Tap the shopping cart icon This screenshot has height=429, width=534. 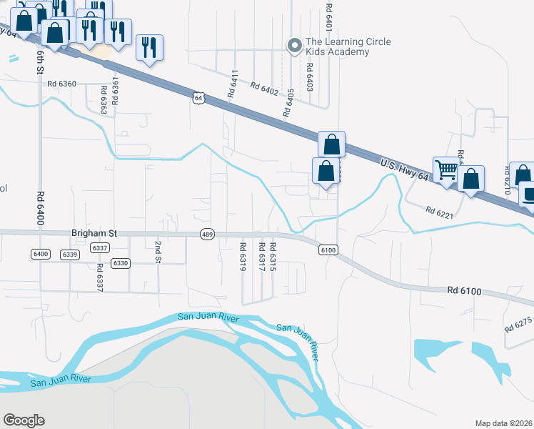(x=446, y=170)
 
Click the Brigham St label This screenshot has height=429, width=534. (x=94, y=233)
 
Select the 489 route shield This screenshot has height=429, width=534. (x=207, y=235)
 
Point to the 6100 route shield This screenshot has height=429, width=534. (x=328, y=250)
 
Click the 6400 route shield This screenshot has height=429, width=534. (x=40, y=255)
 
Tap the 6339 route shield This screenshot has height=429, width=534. (x=69, y=255)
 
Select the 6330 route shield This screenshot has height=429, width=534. (x=121, y=264)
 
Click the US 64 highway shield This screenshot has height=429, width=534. (x=198, y=97)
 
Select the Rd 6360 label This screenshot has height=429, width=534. (x=61, y=84)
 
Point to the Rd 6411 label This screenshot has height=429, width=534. (x=232, y=84)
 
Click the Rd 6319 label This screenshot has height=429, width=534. (x=242, y=257)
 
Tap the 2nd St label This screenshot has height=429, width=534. (x=158, y=252)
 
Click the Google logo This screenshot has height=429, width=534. (x=24, y=420)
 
